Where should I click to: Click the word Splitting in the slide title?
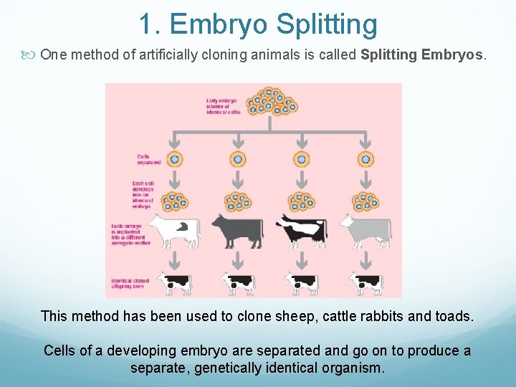327,24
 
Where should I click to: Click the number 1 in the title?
146,24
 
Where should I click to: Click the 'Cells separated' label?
148,159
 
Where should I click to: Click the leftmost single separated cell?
174,159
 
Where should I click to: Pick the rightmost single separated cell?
365,159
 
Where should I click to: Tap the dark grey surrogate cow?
237,229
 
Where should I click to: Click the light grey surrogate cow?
365,229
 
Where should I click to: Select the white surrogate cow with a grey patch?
174,229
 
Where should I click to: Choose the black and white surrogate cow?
302,229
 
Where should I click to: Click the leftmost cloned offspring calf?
174,283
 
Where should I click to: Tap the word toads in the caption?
454,316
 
